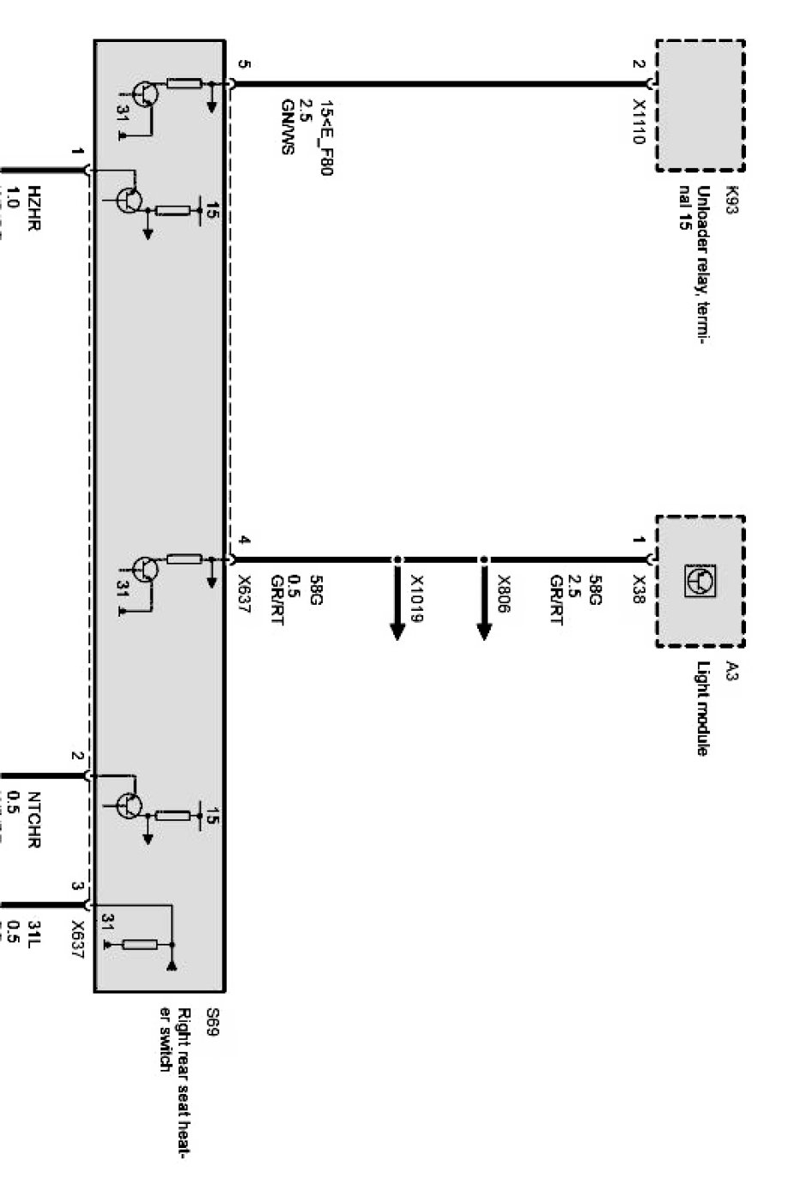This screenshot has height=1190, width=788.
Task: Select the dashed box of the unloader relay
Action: click(x=700, y=104)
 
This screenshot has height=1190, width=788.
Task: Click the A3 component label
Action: click(x=732, y=670)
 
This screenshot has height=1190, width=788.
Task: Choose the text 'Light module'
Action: click(x=703, y=709)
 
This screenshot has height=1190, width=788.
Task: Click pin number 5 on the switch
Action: click(x=245, y=64)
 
